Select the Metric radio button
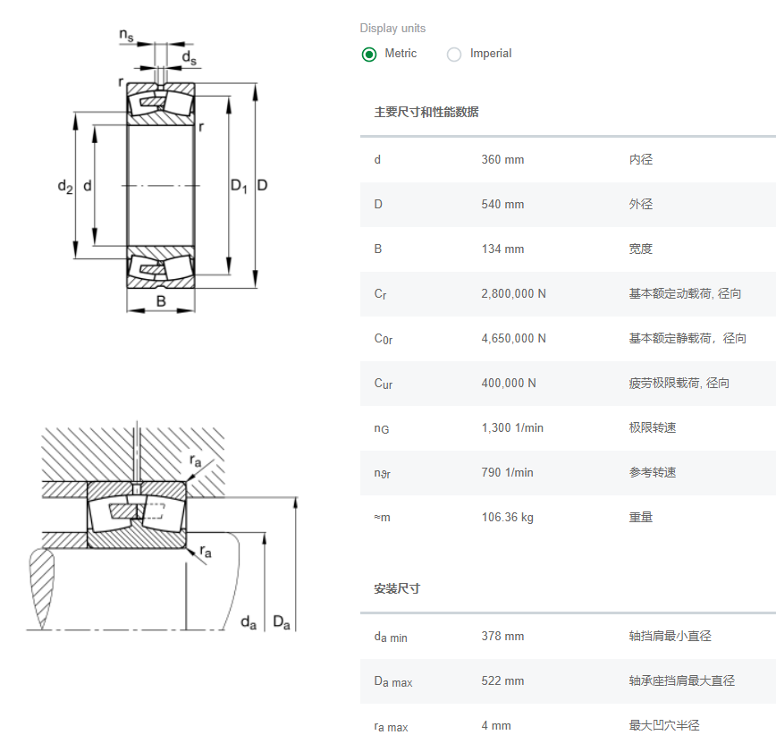369,55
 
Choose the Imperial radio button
454,55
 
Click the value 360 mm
502,160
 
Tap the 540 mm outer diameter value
502,205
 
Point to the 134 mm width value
502,249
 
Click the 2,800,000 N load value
513,294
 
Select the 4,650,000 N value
513,339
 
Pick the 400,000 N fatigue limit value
509,384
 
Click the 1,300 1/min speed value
512,428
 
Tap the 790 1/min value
507,473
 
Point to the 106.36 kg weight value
507,518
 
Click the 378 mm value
502,637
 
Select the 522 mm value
502,681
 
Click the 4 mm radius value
496,726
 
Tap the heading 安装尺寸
397,588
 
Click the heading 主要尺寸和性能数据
426,112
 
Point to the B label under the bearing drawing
161,301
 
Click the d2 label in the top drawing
64,186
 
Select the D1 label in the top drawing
238,186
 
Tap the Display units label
392,29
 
